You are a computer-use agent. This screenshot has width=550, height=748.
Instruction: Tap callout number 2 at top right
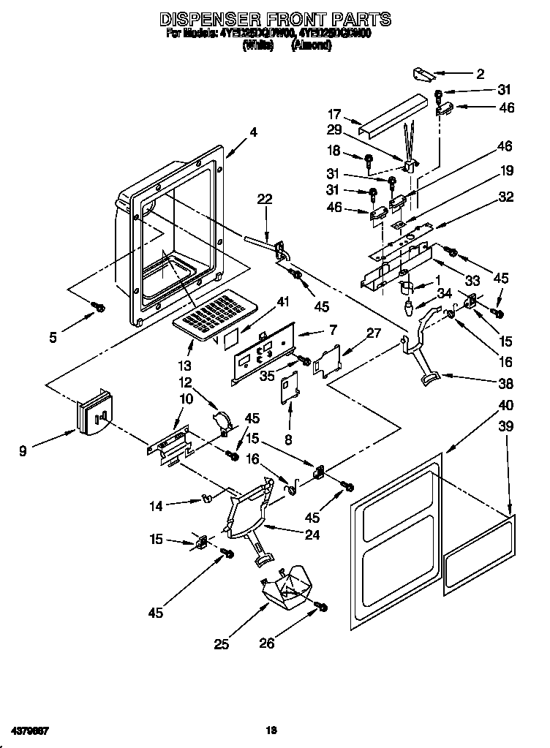point(481,73)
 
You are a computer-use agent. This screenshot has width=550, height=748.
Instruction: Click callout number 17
point(334,114)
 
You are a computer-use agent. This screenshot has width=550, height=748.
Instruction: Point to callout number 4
point(252,132)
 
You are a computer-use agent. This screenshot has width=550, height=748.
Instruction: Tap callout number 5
point(53,337)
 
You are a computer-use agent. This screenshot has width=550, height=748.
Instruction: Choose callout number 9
point(23,452)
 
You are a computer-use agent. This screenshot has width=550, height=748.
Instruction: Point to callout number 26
point(267,643)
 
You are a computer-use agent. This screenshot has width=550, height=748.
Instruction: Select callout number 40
point(505,405)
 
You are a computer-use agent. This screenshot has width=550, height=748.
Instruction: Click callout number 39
point(505,426)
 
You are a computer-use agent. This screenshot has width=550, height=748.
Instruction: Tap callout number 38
point(505,383)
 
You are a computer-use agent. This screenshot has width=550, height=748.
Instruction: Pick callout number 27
point(373,333)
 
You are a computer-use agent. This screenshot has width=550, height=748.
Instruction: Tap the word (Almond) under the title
point(312,45)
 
